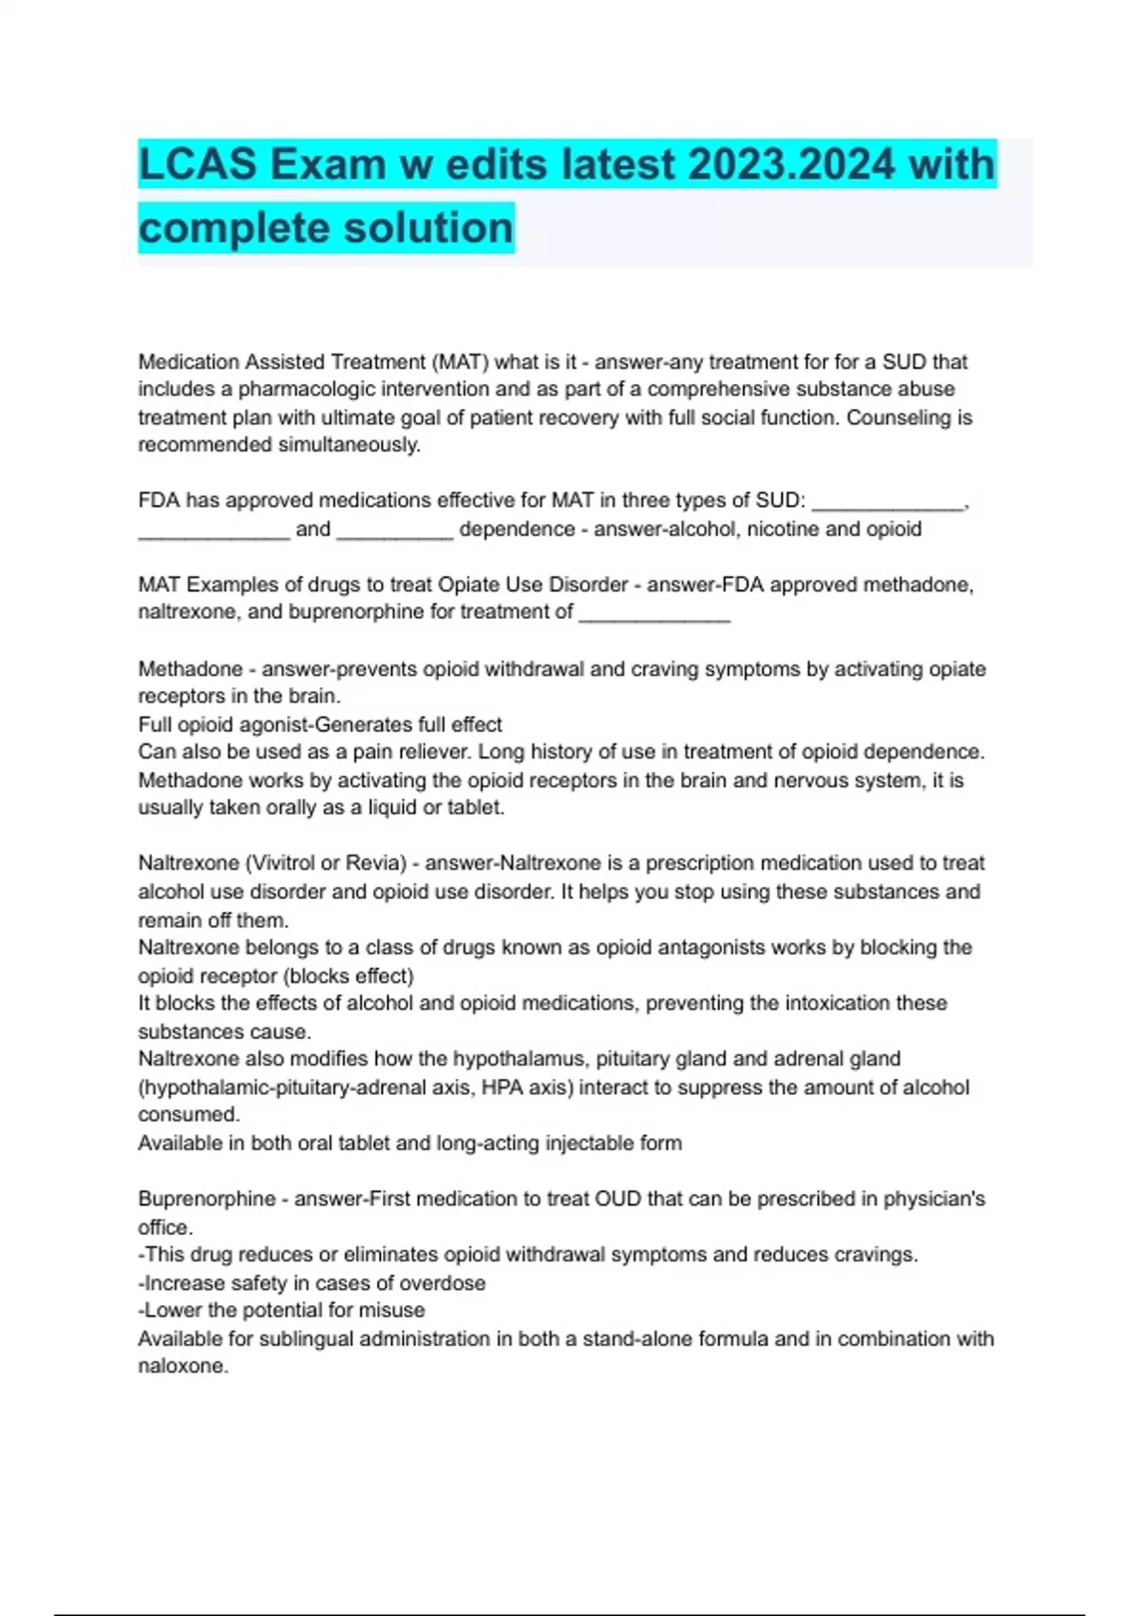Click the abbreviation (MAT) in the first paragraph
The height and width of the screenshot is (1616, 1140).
pos(460,362)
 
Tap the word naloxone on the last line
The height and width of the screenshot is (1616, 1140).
pos(182,1367)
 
